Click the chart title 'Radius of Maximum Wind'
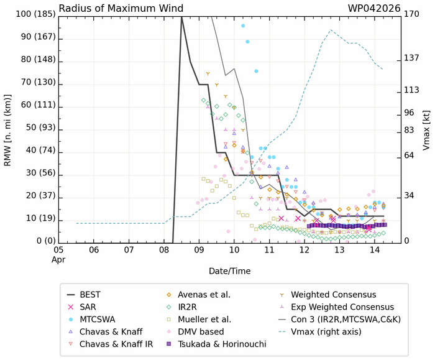[121, 8]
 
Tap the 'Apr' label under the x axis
[58, 259]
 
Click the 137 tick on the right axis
[412, 57]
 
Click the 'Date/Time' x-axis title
[230, 272]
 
